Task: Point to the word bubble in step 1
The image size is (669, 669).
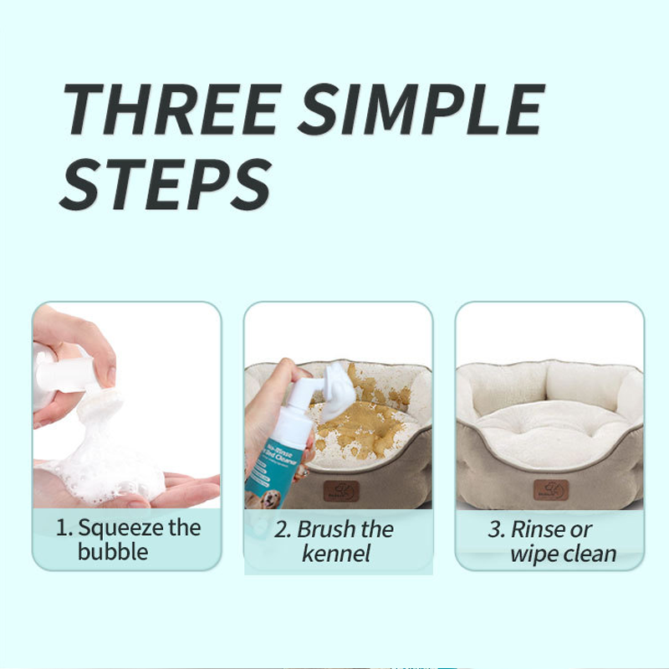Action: pos(113,552)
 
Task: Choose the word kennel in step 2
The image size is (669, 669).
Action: pos(336,554)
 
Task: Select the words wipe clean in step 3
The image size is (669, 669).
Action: pos(563,554)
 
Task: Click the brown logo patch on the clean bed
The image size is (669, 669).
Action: pos(551,490)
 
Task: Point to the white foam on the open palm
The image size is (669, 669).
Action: pos(105,468)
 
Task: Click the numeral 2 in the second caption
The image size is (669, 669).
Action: pos(283,529)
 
